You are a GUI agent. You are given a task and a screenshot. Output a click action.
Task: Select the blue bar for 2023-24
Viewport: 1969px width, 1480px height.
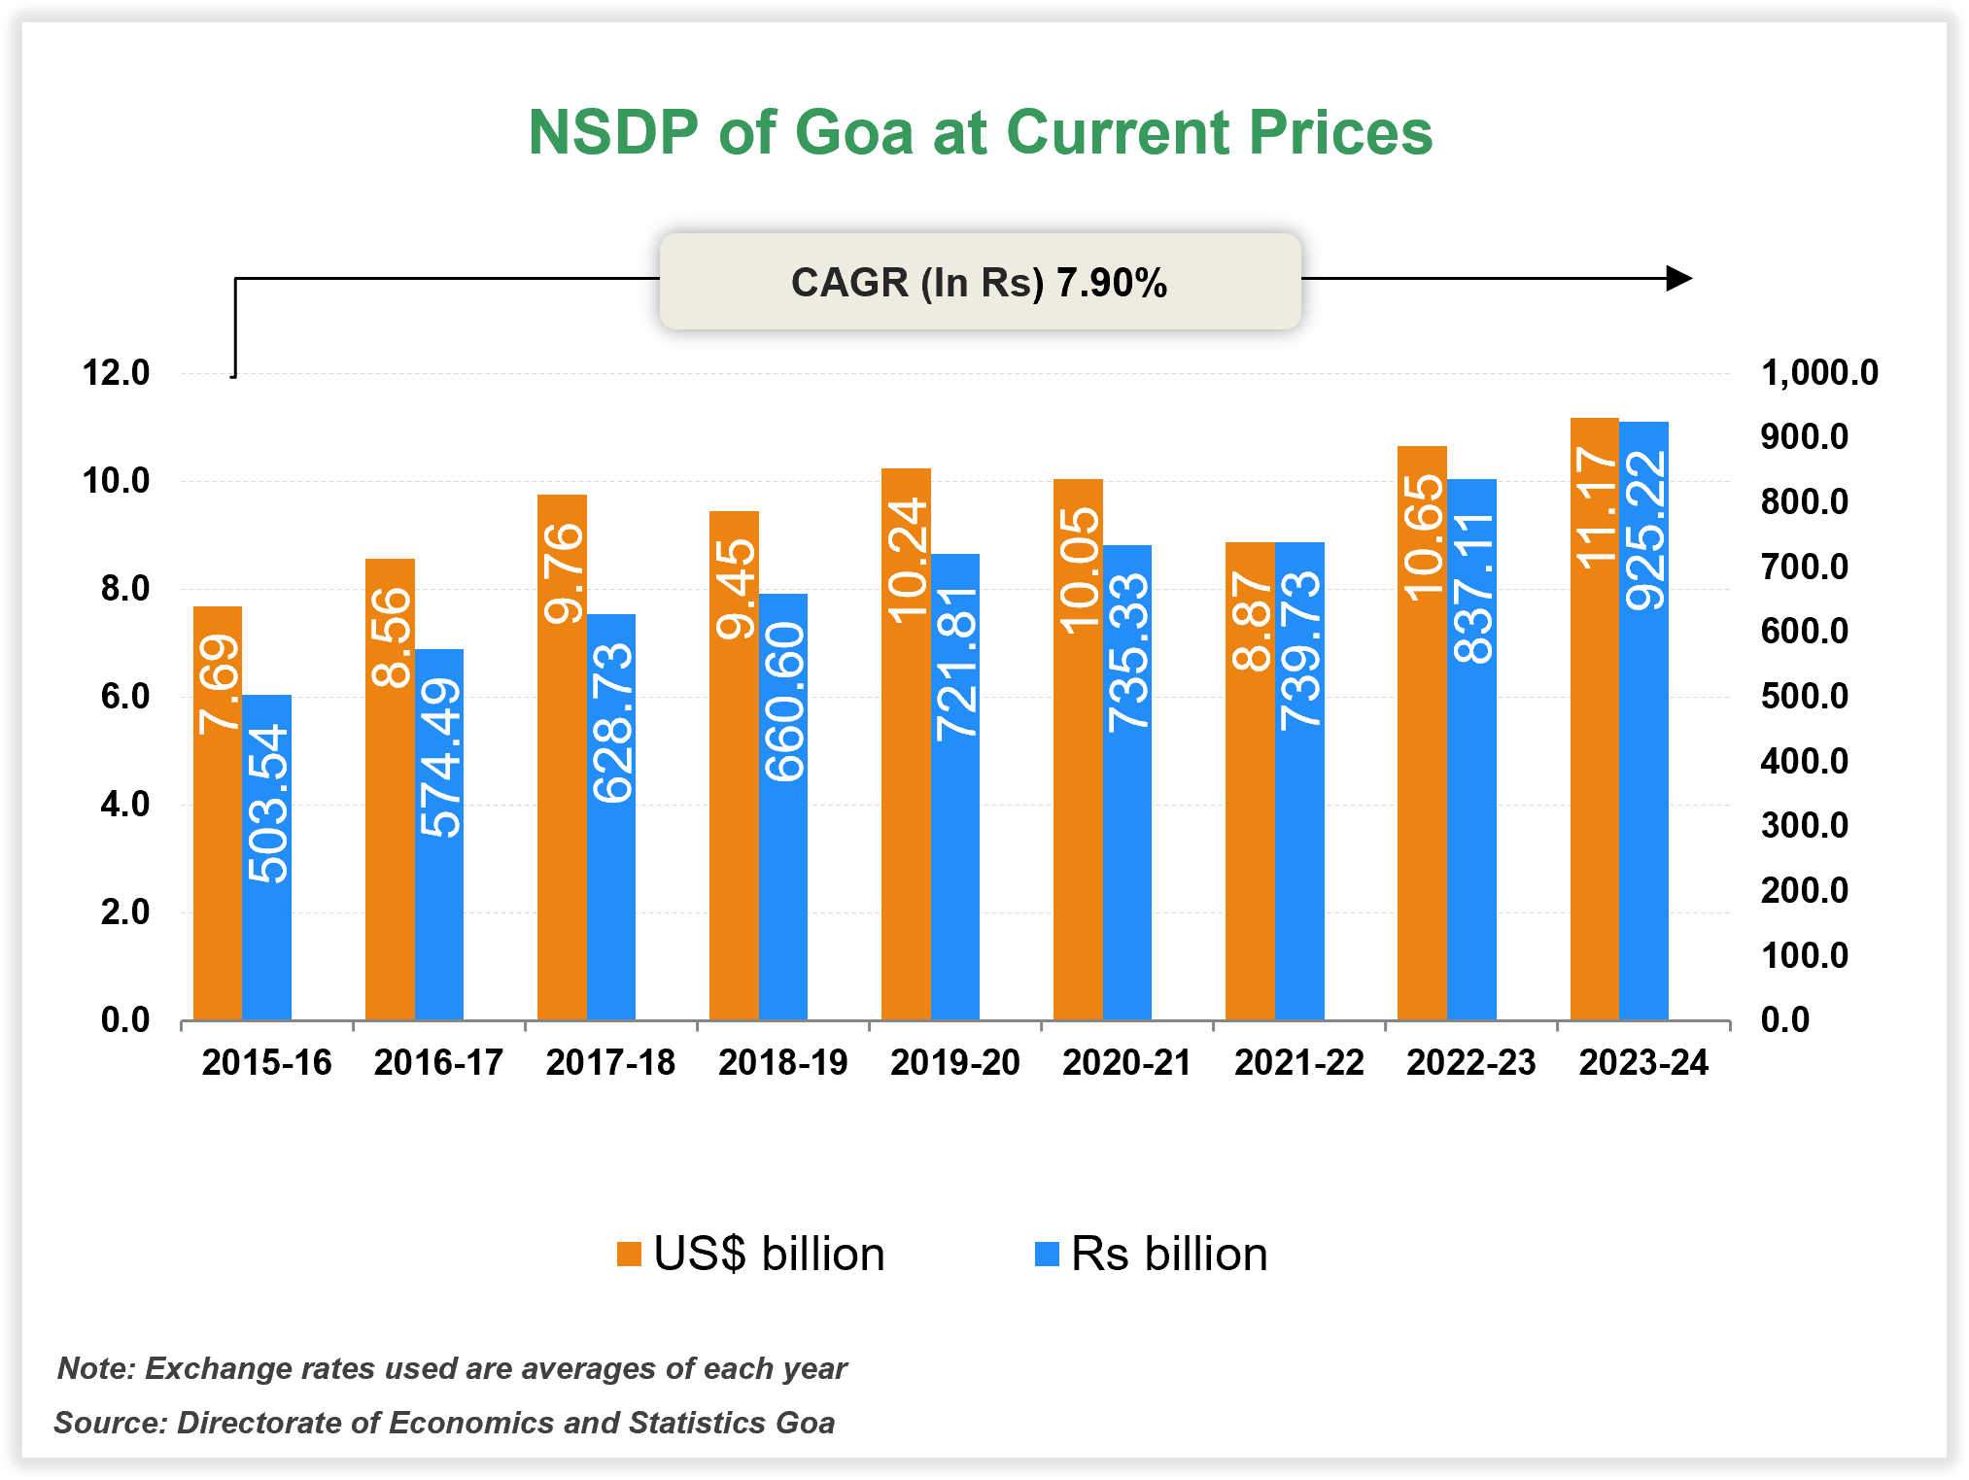[1643, 777]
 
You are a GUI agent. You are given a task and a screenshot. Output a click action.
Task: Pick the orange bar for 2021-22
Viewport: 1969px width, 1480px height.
[1250, 826]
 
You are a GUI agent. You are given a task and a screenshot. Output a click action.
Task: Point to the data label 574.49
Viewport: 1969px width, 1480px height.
[440, 758]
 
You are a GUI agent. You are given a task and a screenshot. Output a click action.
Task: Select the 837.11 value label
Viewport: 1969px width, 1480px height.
[1472, 589]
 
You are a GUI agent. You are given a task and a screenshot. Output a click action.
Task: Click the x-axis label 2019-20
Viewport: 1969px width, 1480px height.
[955, 1062]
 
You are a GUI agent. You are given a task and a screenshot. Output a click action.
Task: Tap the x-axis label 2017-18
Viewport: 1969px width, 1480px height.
[610, 1062]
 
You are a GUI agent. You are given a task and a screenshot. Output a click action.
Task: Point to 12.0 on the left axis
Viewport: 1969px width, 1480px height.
[116, 373]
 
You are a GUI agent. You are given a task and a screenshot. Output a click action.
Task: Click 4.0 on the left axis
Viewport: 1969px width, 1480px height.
[124, 805]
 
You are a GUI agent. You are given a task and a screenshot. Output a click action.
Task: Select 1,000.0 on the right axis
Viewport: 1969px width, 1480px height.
[1819, 373]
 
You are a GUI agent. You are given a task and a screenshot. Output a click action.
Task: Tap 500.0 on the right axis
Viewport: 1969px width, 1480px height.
[1805, 696]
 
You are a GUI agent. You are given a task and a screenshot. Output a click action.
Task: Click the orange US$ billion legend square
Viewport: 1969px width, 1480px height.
[629, 1254]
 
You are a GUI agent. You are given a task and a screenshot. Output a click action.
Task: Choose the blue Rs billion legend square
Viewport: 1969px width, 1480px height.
[1047, 1254]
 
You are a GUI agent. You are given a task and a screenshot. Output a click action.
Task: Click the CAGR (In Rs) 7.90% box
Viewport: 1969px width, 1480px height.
[980, 282]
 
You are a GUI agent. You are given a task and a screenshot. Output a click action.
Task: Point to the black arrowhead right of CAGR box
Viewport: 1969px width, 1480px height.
[1678, 279]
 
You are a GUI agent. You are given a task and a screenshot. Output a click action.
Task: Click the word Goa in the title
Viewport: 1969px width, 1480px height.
[854, 132]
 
